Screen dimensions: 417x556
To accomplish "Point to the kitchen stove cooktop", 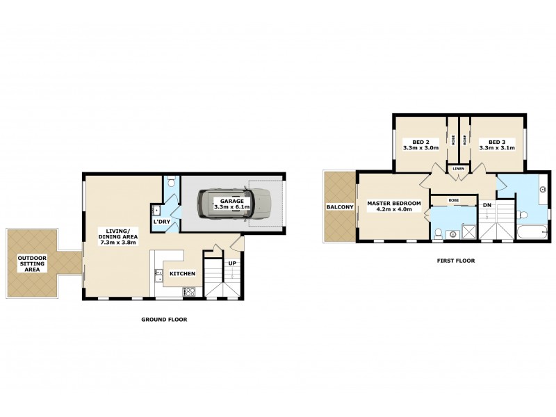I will tap(188, 292).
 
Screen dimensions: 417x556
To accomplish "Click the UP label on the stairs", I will tap(231, 263).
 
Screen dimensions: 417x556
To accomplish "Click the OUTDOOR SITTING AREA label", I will tap(32, 264).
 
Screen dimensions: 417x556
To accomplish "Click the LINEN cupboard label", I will tap(459, 169).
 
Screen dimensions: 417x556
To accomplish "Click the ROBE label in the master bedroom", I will tap(453, 199).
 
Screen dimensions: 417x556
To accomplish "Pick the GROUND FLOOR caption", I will tap(164, 320).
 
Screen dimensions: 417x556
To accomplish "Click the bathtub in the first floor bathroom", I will tap(532, 232).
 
